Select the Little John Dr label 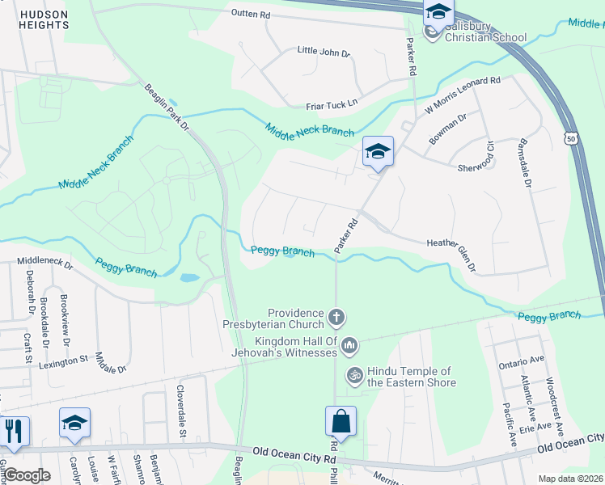pos(324,52)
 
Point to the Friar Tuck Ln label pos(331,103)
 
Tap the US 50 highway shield pos(572,140)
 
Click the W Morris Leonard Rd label pos(463,95)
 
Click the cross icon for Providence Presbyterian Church pos(336,316)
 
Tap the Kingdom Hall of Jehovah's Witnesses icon pos(349,346)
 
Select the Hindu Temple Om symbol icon pos(353,374)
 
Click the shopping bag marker pos(341,422)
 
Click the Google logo pos(27,476)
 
